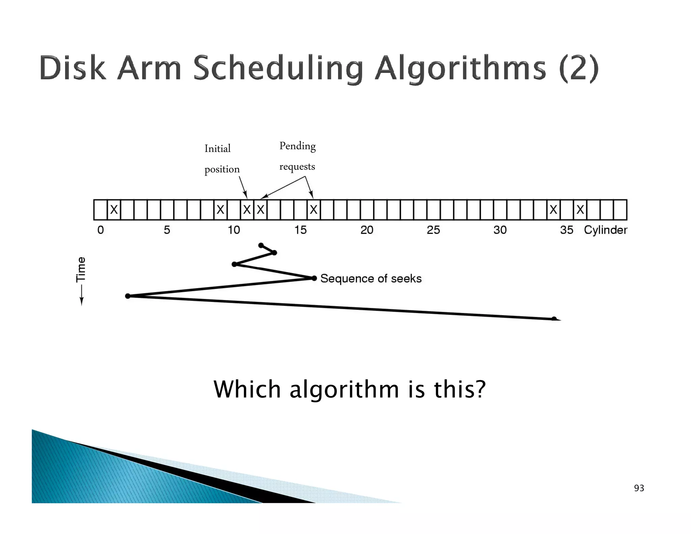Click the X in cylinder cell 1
(x=114, y=210)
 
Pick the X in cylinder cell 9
(x=220, y=210)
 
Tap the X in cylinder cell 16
(x=313, y=210)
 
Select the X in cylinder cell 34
(x=553, y=210)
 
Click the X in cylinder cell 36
(x=580, y=210)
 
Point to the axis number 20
(x=367, y=230)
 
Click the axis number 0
(x=101, y=230)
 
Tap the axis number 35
(x=566, y=230)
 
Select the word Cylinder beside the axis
(x=606, y=230)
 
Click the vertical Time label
(x=81, y=269)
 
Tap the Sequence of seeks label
(x=371, y=278)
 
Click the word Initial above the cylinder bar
(x=218, y=149)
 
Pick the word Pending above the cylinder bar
(x=298, y=146)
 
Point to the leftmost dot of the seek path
(x=128, y=296)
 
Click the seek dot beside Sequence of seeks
(x=314, y=278)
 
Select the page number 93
(x=639, y=488)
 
